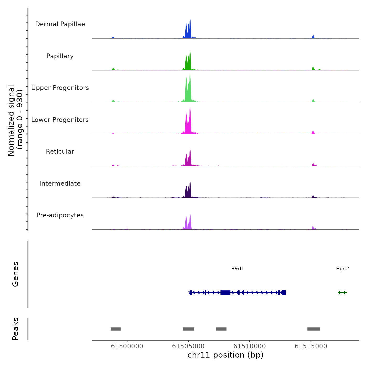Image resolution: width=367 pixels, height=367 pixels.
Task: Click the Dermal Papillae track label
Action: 60,24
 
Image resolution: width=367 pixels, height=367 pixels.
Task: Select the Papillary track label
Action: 60,56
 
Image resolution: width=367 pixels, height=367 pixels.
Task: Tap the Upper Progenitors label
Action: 60,88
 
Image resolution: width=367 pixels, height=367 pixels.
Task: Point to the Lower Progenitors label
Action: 60,120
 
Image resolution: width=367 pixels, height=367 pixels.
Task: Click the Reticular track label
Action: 60,152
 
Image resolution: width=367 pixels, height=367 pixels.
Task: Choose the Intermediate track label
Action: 60,183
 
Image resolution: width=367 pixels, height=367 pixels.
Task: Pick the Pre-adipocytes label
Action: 60,215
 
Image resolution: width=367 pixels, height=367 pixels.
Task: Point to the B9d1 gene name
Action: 238,269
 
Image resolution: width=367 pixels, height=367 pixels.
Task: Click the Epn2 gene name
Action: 342,269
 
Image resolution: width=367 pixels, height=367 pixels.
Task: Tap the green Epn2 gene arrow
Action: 342,293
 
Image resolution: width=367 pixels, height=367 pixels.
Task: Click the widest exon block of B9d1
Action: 225,293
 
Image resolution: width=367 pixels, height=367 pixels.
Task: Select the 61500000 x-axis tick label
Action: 127,346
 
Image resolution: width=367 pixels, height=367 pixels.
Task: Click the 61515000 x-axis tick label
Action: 311,346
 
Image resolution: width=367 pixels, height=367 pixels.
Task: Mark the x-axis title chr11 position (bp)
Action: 225,355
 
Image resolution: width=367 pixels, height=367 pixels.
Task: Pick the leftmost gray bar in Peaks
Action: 116,329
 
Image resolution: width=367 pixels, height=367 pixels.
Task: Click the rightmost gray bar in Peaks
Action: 314,329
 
